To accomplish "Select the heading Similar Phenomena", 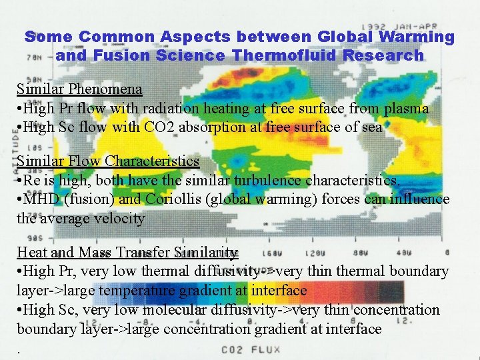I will click(79, 89).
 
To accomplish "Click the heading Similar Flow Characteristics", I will click(108, 161).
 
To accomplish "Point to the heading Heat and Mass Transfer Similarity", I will click(127, 252).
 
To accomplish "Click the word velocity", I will click(125, 217).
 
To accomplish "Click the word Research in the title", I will click(383, 55).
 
